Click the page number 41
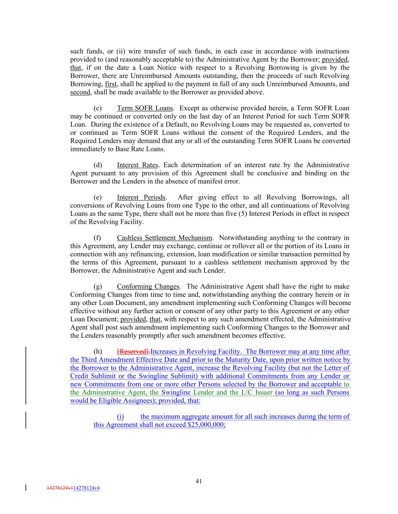[x=199, y=481]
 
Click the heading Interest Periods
[x=141, y=197]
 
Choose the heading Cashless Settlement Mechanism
[x=164, y=238]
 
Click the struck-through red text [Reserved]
[x=134, y=352]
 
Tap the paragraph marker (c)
[x=98, y=108]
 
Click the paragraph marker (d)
[x=98, y=165]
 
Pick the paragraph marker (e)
[x=98, y=197]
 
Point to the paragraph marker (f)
[x=97, y=238]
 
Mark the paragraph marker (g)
[x=98, y=287]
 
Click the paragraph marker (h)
[x=98, y=352]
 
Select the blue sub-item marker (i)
[x=120, y=416]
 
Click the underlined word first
[x=111, y=84]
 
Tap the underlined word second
[x=80, y=92]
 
